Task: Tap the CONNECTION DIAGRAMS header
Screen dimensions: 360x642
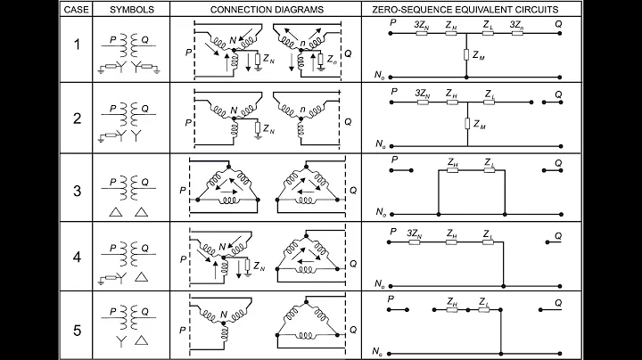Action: click(x=267, y=8)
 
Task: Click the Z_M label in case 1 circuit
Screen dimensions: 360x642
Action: click(x=480, y=55)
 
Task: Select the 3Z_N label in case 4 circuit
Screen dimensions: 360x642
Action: click(x=413, y=232)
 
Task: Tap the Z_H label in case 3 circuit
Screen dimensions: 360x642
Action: click(x=454, y=162)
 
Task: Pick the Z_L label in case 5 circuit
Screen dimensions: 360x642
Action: click(x=485, y=302)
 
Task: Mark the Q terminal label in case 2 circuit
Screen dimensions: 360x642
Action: click(x=558, y=94)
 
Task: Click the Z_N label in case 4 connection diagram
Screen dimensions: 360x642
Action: click(x=259, y=266)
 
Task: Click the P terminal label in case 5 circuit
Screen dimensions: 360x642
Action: click(x=393, y=300)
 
